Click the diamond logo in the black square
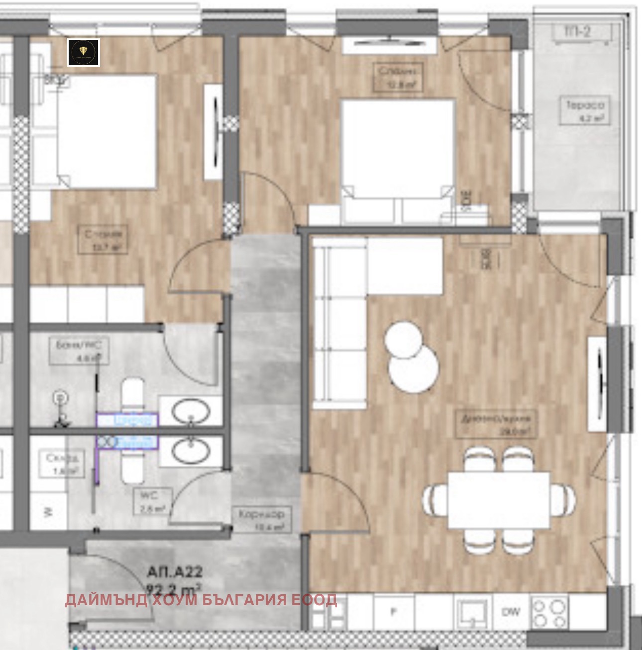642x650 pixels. (x=84, y=52)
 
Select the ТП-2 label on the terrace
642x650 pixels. (x=577, y=31)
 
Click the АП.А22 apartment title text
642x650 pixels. (x=175, y=571)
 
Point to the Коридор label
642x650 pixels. (x=261, y=518)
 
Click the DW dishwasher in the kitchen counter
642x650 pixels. (x=511, y=612)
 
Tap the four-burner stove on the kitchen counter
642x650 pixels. (x=550, y=612)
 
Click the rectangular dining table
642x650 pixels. (x=499, y=500)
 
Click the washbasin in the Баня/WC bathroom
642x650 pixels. (x=191, y=411)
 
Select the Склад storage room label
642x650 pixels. (x=62, y=463)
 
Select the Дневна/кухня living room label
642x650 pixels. (x=497, y=424)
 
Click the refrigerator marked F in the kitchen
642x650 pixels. (x=393, y=612)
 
